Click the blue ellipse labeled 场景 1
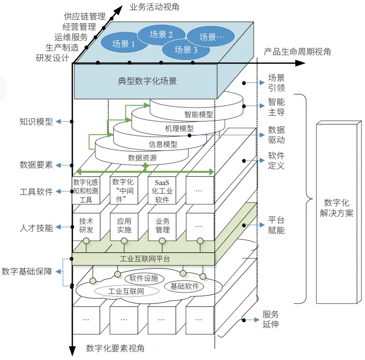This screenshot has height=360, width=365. click(124, 43)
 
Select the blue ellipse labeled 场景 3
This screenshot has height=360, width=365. click(186, 49)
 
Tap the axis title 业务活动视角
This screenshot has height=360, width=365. click(154, 7)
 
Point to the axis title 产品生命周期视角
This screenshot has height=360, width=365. click(297, 52)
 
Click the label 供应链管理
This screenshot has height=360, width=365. click(84, 16)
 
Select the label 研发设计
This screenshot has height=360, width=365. click(52, 58)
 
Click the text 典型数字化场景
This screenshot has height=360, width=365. click(147, 81)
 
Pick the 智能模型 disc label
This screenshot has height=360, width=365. click(199, 114)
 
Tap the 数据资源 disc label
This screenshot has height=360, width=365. click(142, 158)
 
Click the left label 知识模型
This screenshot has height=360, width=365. click(36, 122)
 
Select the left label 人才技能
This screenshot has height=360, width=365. click(36, 227)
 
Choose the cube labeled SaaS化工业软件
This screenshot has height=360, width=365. click(162, 191)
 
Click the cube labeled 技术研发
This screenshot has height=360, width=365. click(86, 226)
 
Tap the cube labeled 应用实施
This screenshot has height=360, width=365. click(124, 226)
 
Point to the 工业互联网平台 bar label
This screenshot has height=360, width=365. click(145, 259)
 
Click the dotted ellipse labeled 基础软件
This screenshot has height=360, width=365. click(184, 286)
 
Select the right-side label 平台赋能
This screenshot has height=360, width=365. click(276, 225)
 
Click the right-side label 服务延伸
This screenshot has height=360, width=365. click(271, 319)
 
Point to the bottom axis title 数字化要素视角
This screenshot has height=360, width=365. click(115, 348)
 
